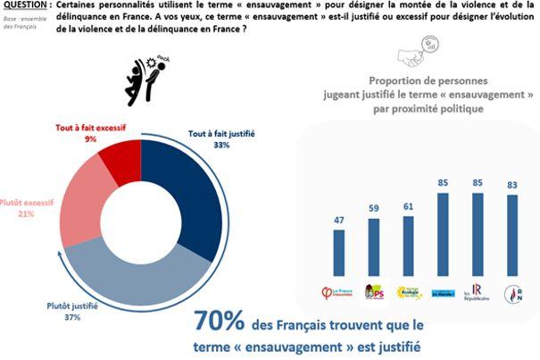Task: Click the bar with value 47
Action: click(339, 255)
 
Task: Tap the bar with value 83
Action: click(511, 235)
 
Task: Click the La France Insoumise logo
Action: click(339, 293)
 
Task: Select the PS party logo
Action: click(374, 293)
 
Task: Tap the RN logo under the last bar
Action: click(511, 292)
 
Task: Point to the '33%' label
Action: click(196, 145)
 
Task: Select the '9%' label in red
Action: click(90, 139)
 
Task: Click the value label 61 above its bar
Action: click(409, 206)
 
